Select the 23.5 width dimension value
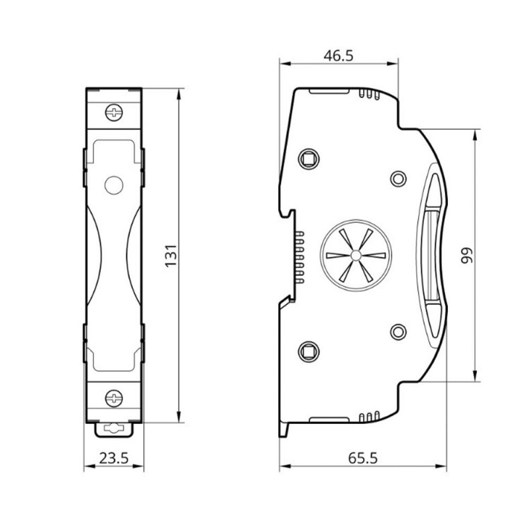pyautogui.click(x=113, y=457)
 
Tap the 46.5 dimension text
pyautogui.click(x=338, y=56)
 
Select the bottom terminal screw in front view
pyautogui.click(x=115, y=398)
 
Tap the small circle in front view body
pyautogui.click(x=114, y=185)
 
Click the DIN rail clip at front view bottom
pyautogui.click(x=115, y=429)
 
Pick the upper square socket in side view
pyautogui.click(x=308, y=159)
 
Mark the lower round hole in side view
pyautogui.click(x=398, y=331)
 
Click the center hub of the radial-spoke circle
pyautogui.click(x=355, y=256)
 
